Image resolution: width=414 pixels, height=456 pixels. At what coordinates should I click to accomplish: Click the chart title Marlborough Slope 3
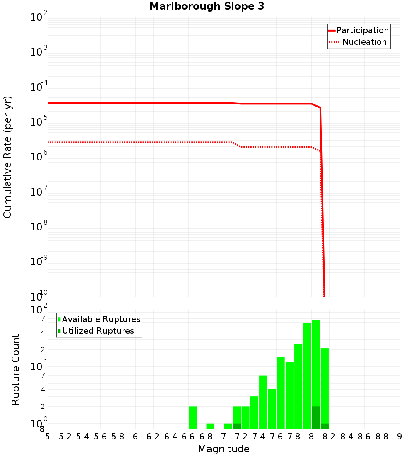pos(207,7)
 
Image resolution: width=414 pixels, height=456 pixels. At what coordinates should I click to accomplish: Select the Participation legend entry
pos(362,30)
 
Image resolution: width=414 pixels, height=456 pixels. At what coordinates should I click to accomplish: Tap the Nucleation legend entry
pos(364,42)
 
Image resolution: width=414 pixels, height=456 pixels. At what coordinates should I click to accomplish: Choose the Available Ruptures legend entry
pos(101,319)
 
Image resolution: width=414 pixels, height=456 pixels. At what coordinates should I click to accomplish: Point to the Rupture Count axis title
pos(16,369)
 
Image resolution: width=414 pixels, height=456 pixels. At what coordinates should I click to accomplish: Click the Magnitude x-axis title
pos(224,449)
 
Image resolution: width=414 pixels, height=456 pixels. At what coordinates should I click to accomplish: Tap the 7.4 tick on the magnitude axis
pos(259,437)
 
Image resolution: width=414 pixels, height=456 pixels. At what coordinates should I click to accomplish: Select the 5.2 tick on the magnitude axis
pos(65,437)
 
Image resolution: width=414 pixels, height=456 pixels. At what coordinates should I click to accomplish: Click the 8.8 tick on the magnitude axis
pos(382,437)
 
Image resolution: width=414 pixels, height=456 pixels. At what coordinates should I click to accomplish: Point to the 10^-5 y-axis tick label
pos(39,121)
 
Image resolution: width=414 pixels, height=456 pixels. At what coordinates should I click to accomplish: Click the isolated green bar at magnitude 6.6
pos(193,417)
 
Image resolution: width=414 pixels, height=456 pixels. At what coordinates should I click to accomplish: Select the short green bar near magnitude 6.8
pos(210,426)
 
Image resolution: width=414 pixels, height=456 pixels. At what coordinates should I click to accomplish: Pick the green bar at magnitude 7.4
pos(263,402)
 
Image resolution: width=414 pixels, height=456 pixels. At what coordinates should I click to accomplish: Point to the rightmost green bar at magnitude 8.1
pos(325,386)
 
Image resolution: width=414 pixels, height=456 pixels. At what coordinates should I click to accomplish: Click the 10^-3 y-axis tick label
pos(39,52)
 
